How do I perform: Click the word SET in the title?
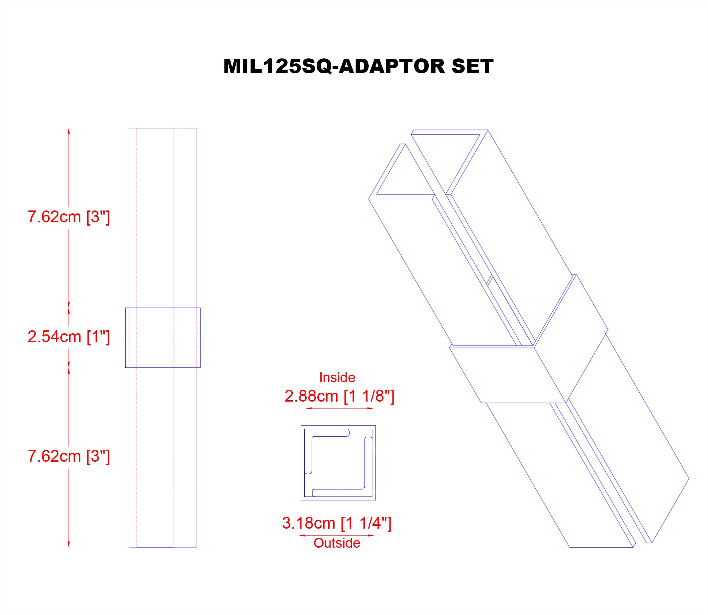tap(472, 66)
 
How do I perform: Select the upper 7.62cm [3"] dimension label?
tap(69, 217)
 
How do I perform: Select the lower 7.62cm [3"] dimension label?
tap(69, 456)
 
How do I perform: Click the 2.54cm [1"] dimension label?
tap(69, 337)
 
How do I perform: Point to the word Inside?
tap(337, 378)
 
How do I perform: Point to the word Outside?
tap(336, 543)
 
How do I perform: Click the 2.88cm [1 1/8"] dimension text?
tap(339, 396)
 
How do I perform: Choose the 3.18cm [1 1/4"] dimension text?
tap(336, 523)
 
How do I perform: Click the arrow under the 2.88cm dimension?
tap(339, 408)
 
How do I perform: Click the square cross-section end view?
tap(338, 463)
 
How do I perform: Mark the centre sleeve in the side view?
tap(162, 338)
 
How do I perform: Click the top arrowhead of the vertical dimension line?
tap(69, 131)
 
